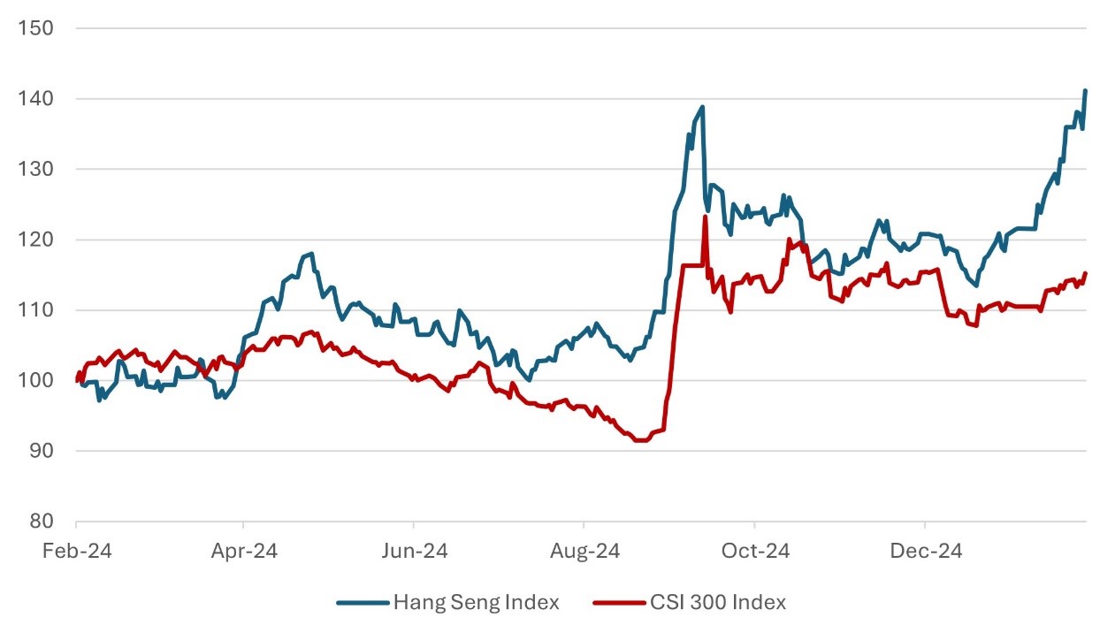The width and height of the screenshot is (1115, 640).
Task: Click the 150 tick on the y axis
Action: [x=35, y=28]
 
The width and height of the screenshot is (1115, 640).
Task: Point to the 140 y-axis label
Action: [x=35, y=99]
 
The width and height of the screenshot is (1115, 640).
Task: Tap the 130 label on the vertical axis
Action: [x=35, y=169]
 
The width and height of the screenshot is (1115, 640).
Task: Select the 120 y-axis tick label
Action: [x=35, y=240]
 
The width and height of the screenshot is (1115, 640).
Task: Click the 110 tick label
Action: [x=35, y=310]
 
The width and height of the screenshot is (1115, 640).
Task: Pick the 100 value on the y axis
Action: [x=35, y=380]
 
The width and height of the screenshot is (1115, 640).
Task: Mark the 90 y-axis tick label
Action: [x=40, y=451]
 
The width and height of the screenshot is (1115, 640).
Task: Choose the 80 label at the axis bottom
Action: [x=40, y=522]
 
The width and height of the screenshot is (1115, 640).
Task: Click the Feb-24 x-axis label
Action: [x=76, y=551]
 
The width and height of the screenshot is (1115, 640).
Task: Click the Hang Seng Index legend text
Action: [x=477, y=603]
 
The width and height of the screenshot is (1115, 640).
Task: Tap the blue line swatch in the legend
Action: [x=363, y=603]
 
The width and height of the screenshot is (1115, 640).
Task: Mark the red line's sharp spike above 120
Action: [x=705, y=217]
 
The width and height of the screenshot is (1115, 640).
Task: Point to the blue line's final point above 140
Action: [x=1085, y=91]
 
